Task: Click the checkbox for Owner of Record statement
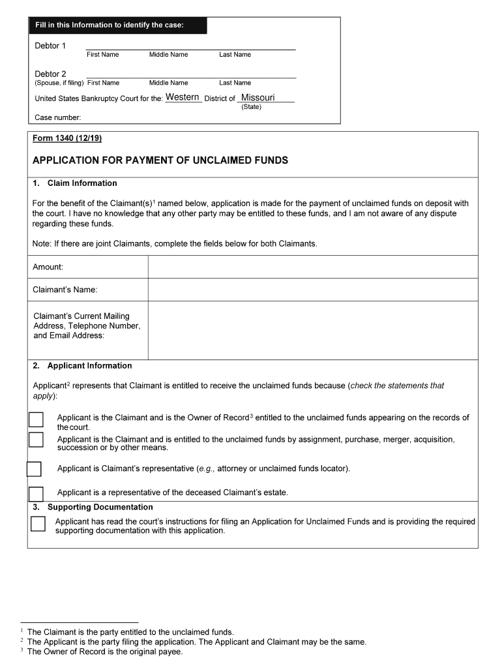[x=36, y=419]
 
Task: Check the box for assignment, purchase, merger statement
[x=36, y=440]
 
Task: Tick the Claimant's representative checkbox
[x=34, y=469]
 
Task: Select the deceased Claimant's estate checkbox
[x=36, y=494]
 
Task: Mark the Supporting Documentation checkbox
[x=38, y=524]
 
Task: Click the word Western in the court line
[x=183, y=97]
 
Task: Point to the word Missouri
[x=258, y=98]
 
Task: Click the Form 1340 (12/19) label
[x=67, y=139]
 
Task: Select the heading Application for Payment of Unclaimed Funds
[x=160, y=160]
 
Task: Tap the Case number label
[x=58, y=117]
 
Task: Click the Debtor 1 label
[x=50, y=46]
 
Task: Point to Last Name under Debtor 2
[x=235, y=83]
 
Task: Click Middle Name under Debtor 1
[x=168, y=55]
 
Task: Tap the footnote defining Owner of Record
[x=104, y=652]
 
